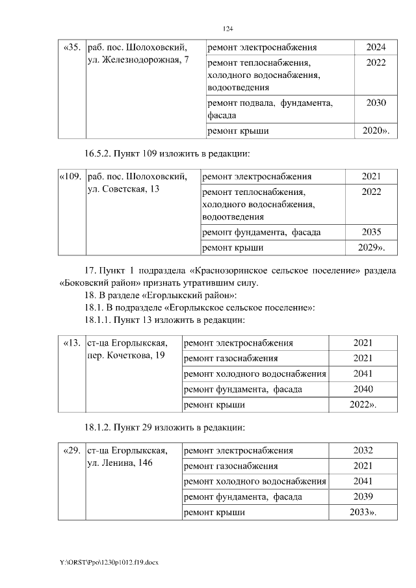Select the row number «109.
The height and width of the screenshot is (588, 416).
tap(70, 177)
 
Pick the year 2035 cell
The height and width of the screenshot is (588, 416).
tap(371, 232)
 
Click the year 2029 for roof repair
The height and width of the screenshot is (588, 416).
tap(370, 248)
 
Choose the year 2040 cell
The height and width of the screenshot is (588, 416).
tap(363, 389)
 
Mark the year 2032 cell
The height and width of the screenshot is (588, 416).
tap(363, 451)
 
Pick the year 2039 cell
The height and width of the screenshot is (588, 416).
tap(363, 497)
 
